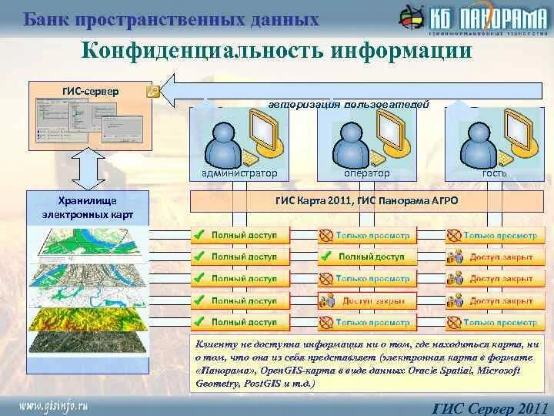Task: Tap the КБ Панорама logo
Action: (472, 18)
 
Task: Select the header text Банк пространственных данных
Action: (171, 19)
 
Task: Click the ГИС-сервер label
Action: (90, 91)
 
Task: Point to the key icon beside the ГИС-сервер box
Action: (152, 92)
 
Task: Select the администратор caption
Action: (239, 173)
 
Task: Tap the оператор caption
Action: (366, 173)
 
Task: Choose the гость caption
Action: (494, 173)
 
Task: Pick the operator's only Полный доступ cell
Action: (366, 257)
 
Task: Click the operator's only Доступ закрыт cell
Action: (366, 300)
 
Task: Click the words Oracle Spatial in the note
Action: (433, 371)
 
